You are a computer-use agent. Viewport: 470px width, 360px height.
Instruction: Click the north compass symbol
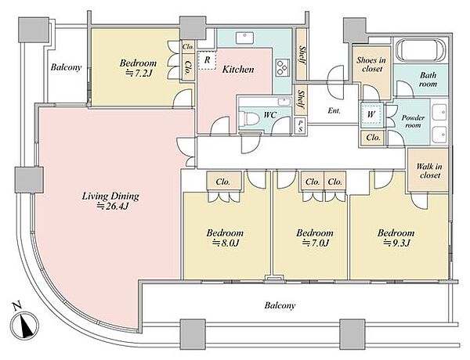click(24, 326)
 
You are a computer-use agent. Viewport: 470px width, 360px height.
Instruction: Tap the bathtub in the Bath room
click(421, 50)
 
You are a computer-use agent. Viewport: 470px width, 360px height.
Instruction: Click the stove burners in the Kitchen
click(282, 67)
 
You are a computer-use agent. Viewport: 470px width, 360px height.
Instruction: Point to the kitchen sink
click(245, 38)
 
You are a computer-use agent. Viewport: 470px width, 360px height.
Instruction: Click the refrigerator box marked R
click(207, 60)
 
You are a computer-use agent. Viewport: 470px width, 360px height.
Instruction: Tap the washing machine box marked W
click(371, 114)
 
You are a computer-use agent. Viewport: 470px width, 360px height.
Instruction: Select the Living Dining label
click(110, 196)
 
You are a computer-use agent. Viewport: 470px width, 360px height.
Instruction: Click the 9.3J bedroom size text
click(397, 243)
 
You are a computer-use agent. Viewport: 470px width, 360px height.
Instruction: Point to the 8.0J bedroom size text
click(226, 243)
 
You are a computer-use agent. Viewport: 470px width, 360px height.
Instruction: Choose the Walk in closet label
click(429, 171)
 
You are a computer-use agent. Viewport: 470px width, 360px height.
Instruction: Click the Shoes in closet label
click(371, 64)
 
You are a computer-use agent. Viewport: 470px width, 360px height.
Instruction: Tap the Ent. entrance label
click(334, 111)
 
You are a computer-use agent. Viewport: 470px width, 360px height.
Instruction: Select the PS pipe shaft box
click(300, 126)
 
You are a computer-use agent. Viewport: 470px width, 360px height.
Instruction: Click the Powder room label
click(413, 121)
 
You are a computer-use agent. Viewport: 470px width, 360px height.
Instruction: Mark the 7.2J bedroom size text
click(138, 73)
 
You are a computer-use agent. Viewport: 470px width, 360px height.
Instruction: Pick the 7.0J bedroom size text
click(316, 243)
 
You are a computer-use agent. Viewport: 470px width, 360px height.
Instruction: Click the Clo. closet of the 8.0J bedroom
click(223, 182)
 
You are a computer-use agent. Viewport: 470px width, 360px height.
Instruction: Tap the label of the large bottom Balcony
click(280, 305)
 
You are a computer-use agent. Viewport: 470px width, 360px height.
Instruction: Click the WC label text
click(269, 115)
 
